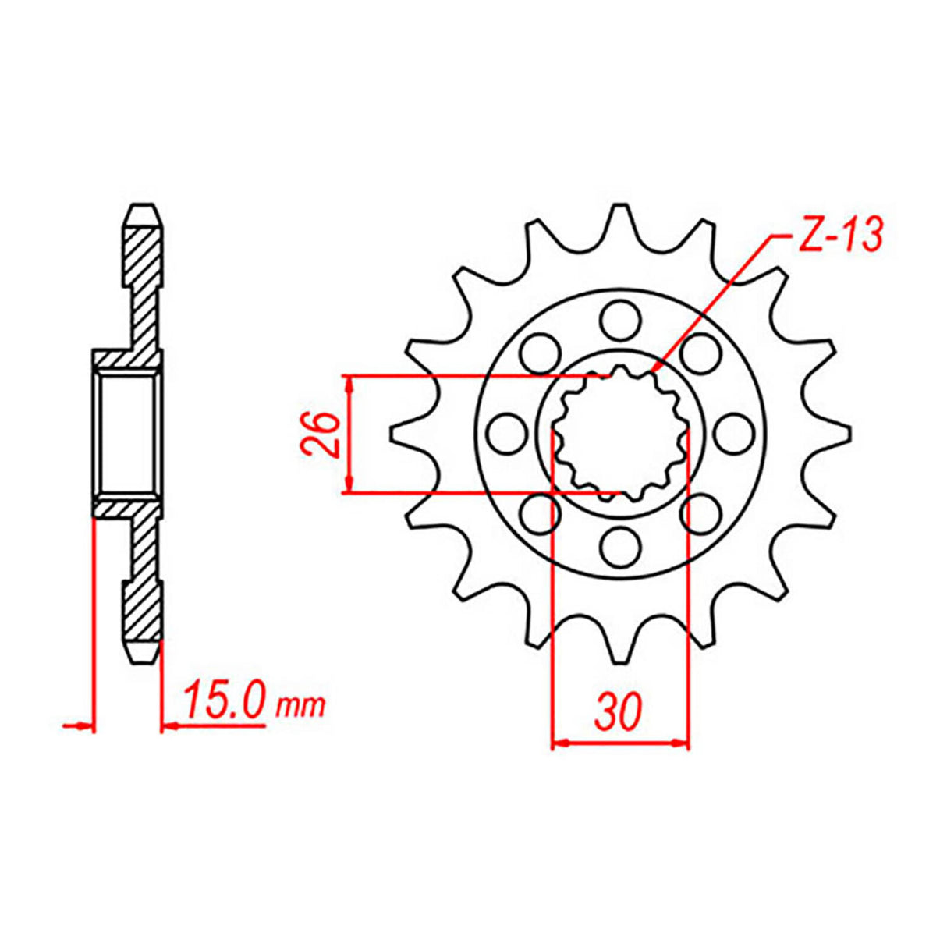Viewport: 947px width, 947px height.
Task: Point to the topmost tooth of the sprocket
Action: click(620, 215)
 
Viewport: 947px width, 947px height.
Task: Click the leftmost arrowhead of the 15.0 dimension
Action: click(84, 726)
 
